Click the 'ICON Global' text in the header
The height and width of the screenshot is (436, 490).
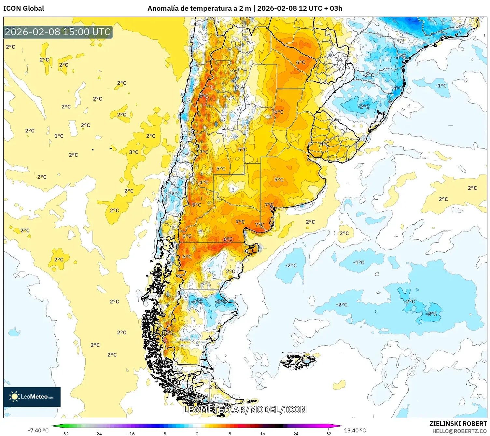pos(23,8)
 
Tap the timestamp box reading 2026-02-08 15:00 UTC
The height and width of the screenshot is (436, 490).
pos(58,32)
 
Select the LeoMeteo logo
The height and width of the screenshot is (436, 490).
pos(32,397)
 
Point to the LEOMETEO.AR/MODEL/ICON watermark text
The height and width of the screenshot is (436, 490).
pos(245,410)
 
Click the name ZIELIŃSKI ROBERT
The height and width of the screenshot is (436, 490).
pos(458,424)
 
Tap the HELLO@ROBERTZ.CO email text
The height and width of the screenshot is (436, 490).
pos(459,431)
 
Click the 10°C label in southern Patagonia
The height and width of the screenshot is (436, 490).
pos(168,332)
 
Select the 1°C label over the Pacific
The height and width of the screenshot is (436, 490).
pos(59,136)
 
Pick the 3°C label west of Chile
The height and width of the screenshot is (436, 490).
pos(134,152)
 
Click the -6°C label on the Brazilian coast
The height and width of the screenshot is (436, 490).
pos(397,88)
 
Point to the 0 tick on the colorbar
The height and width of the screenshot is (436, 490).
pos(197,433)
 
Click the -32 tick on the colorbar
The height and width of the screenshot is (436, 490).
pos(65,433)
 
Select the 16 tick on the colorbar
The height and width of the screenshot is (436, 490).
pos(262,433)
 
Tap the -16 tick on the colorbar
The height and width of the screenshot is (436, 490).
pos(131,433)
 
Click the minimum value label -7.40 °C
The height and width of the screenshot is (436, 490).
pos(38,430)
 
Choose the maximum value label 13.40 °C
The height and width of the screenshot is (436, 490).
pos(355,430)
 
